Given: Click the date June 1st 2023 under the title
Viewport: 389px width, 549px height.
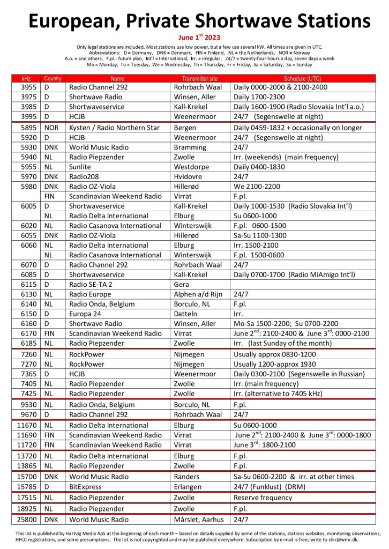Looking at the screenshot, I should tap(194, 38).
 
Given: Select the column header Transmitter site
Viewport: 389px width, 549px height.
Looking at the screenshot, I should tap(201, 78).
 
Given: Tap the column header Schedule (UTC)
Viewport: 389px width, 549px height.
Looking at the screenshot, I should tap(303, 78).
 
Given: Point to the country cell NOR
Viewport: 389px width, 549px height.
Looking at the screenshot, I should tap(51, 128).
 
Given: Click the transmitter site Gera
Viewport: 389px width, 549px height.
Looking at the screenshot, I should tap(182, 284).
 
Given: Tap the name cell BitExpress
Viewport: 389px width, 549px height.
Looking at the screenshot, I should tap(85, 487).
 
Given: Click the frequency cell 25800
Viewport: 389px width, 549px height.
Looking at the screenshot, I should tap(28, 520).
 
